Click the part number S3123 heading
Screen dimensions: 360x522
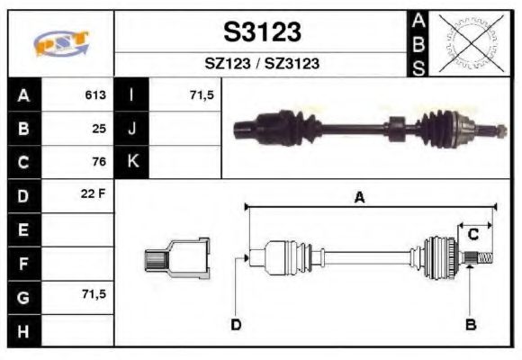tap(261, 32)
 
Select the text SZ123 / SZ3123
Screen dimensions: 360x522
tap(261, 64)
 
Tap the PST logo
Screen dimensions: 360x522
tap(60, 43)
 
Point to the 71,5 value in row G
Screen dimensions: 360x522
tap(94, 295)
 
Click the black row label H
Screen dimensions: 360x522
tap(22, 329)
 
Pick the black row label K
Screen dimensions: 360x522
tap(132, 162)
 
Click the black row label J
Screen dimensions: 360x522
tap(132, 129)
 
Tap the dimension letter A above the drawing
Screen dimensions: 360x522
tap(359, 198)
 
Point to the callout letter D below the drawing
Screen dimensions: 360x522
tap(236, 324)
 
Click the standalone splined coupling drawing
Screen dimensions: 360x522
tap(177, 258)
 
